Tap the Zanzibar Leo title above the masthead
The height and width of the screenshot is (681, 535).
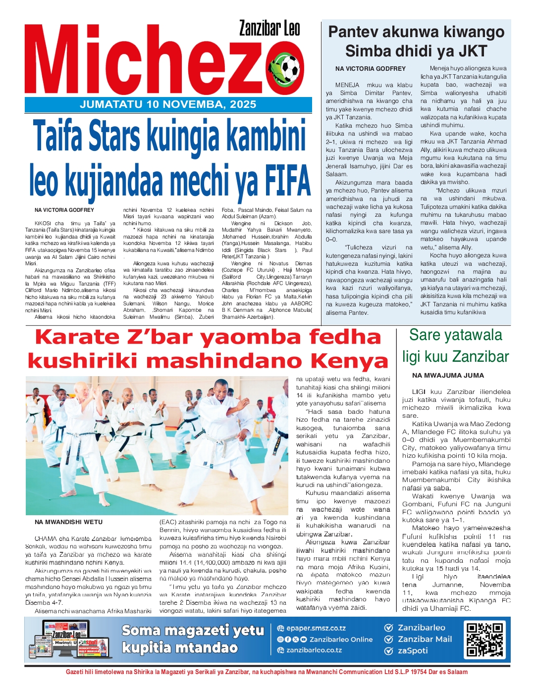tap(269, 29)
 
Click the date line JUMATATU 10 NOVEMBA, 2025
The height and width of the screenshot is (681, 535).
tap(168, 104)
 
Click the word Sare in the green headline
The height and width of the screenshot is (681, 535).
tap(424, 335)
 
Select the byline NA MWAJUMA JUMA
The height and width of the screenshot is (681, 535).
tap(448, 376)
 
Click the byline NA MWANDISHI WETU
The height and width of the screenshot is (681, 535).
tap(68, 522)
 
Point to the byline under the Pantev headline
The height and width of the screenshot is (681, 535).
tap(370, 69)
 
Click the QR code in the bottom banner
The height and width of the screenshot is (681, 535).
tap(485, 639)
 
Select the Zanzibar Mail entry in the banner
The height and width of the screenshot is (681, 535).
tap(425, 639)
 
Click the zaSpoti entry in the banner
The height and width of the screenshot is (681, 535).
tap(413, 651)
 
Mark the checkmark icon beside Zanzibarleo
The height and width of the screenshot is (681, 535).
tap(389, 628)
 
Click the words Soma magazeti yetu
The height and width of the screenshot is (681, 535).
tap(193, 631)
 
